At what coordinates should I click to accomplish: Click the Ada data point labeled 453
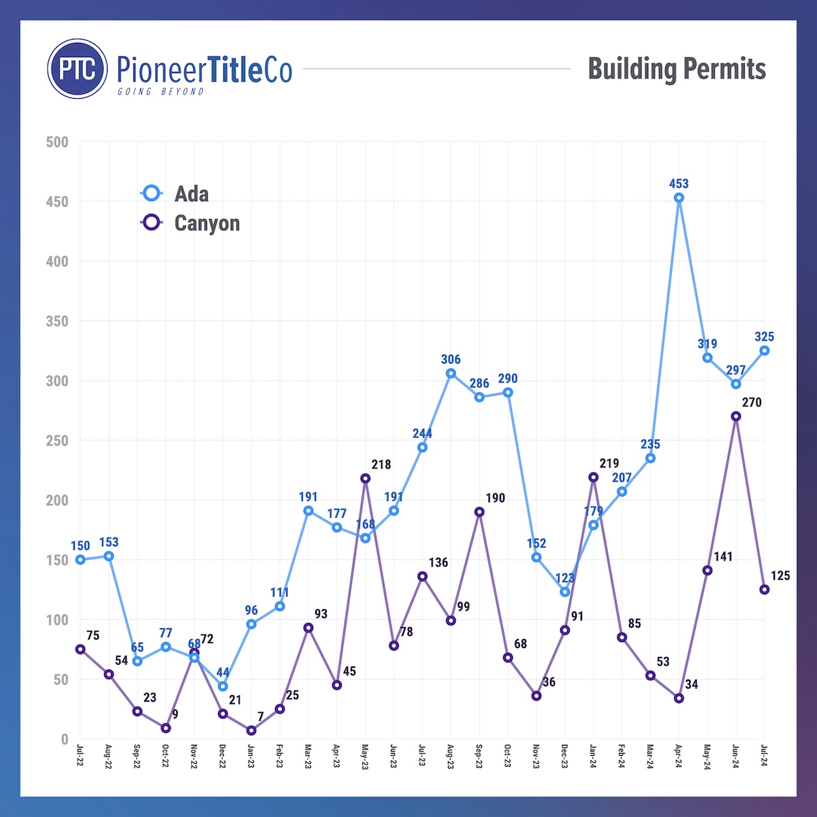679,197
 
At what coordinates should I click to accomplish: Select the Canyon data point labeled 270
736,416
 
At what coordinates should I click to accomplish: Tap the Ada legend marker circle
151,193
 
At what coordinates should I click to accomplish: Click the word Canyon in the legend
207,223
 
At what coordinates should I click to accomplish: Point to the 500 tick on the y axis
57,142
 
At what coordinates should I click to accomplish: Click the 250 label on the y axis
57,440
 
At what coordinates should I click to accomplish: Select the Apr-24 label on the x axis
679,754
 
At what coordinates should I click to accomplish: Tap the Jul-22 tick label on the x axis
80,754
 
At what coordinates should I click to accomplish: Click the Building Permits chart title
677,69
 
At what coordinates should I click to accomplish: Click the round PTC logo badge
78,69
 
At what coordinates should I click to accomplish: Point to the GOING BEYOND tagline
161,91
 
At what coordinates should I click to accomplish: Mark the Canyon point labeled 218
366,478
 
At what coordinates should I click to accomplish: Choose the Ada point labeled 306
451,373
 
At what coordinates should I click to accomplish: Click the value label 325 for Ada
764,337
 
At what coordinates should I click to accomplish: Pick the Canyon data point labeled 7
251,731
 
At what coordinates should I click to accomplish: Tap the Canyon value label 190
495,498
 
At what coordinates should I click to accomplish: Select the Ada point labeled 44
223,686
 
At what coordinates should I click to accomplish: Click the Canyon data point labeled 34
679,698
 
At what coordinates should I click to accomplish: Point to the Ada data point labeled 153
109,556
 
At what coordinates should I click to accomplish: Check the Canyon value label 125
780,576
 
